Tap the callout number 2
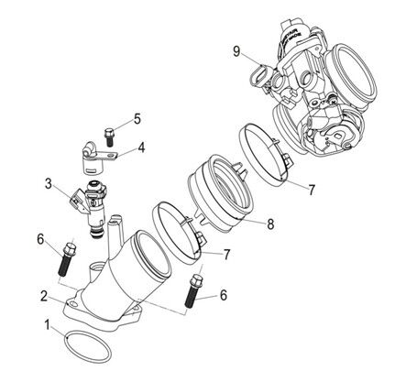44,295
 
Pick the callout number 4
141,147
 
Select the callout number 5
137,117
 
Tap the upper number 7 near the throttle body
311,191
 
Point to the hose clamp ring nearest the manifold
174,229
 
